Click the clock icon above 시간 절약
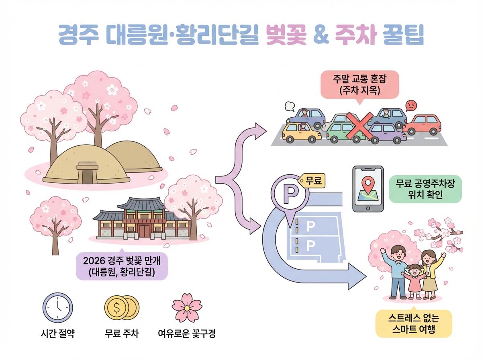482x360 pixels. coord(58,308)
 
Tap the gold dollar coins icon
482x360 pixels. coord(121,308)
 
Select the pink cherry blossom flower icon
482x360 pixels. coord(186,307)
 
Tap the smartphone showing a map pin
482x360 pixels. coord(368,188)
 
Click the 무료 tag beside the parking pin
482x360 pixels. coord(312,180)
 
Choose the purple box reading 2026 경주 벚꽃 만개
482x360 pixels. coord(122,266)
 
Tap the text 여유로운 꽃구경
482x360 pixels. coord(186,333)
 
